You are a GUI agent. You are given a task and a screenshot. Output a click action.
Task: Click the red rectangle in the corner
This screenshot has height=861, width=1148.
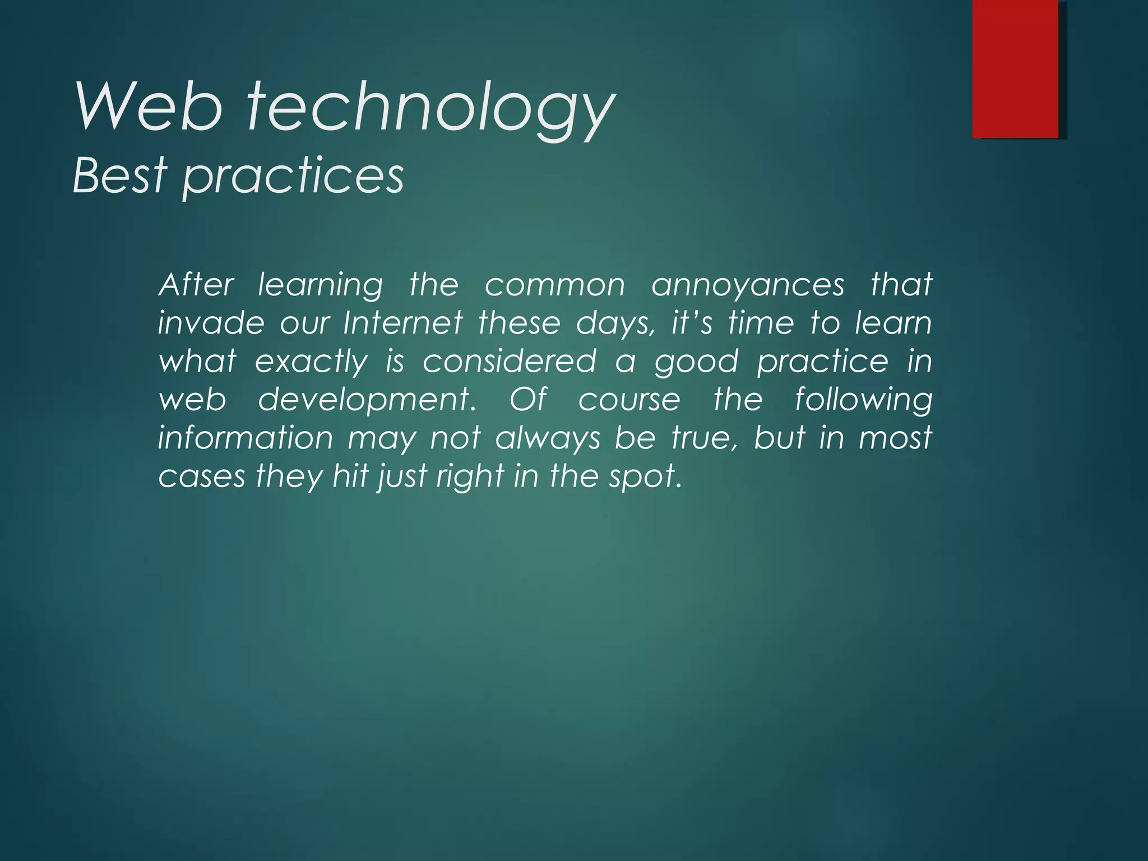pos(1015,68)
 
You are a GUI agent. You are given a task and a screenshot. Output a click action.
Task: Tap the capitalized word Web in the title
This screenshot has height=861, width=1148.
pos(149,107)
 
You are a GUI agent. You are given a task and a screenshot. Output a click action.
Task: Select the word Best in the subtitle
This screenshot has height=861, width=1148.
pos(120,175)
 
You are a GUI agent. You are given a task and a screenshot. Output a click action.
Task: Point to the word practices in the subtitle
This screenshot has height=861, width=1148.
pos(293,177)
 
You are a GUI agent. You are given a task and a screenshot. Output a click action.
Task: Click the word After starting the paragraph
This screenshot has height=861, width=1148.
pos(196,285)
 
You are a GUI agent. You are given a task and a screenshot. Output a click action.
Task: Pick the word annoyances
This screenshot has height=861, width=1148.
pos(748,286)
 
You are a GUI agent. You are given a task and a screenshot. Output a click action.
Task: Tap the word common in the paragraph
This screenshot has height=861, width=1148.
pos(554,286)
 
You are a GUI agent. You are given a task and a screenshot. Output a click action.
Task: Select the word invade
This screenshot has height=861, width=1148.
pos(211,323)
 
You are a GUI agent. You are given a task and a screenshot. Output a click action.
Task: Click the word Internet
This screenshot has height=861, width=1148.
pos(403,323)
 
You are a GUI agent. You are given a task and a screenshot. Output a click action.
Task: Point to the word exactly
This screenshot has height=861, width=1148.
pos(312,362)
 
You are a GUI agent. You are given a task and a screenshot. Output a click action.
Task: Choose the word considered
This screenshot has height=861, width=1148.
pos(509,362)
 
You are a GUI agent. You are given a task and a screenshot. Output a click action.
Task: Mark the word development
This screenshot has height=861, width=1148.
pos(367,400)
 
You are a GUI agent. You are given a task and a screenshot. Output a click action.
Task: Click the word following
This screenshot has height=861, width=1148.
pos(863,400)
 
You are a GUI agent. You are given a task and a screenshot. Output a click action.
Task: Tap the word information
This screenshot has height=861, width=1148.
pos(246,438)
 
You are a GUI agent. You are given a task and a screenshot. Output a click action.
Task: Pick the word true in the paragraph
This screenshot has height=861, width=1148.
pos(705,438)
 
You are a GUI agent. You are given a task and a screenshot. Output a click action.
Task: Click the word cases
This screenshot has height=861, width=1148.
pos(202,477)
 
